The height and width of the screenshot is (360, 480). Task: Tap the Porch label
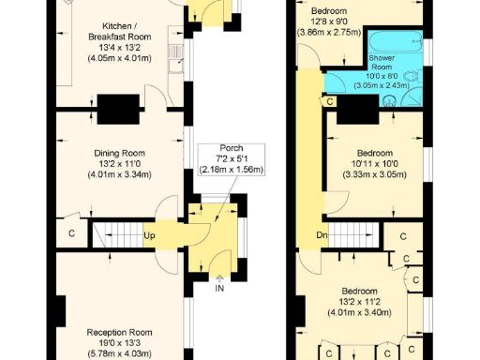(x=231, y=148)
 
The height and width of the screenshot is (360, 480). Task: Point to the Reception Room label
(x=119, y=332)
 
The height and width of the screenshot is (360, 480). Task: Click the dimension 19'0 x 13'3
(x=119, y=343)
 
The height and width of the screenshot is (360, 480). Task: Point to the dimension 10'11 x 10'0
(x=374, y=164)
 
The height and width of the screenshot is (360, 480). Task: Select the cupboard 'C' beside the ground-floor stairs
(x=71, y=232)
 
